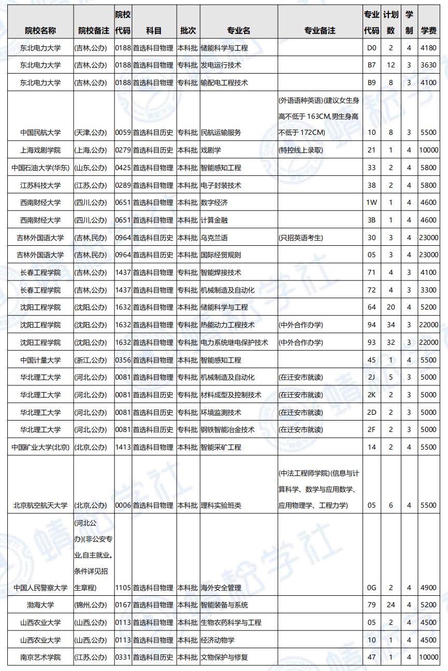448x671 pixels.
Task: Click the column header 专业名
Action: tap(239, 31)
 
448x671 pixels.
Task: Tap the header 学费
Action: tap(429, 31)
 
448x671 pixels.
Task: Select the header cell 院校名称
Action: tap(40, 31)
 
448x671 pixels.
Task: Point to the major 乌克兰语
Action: tap(214, 237)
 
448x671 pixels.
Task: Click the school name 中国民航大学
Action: tap(40, 133)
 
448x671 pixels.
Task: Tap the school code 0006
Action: tap(122, 505)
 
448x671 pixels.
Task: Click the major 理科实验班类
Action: tap(221, 505)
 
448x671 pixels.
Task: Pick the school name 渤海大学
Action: tap(40, 605)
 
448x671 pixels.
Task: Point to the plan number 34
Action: tap(390, 325)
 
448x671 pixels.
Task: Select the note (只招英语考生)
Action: tap(301, 237)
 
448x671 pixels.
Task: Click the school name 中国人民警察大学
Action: tap(40, 588)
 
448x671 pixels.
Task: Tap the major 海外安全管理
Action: tap(221, 588)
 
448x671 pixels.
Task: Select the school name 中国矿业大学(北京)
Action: tap(40, 447)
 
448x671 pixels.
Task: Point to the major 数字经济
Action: tap(214, 203)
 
